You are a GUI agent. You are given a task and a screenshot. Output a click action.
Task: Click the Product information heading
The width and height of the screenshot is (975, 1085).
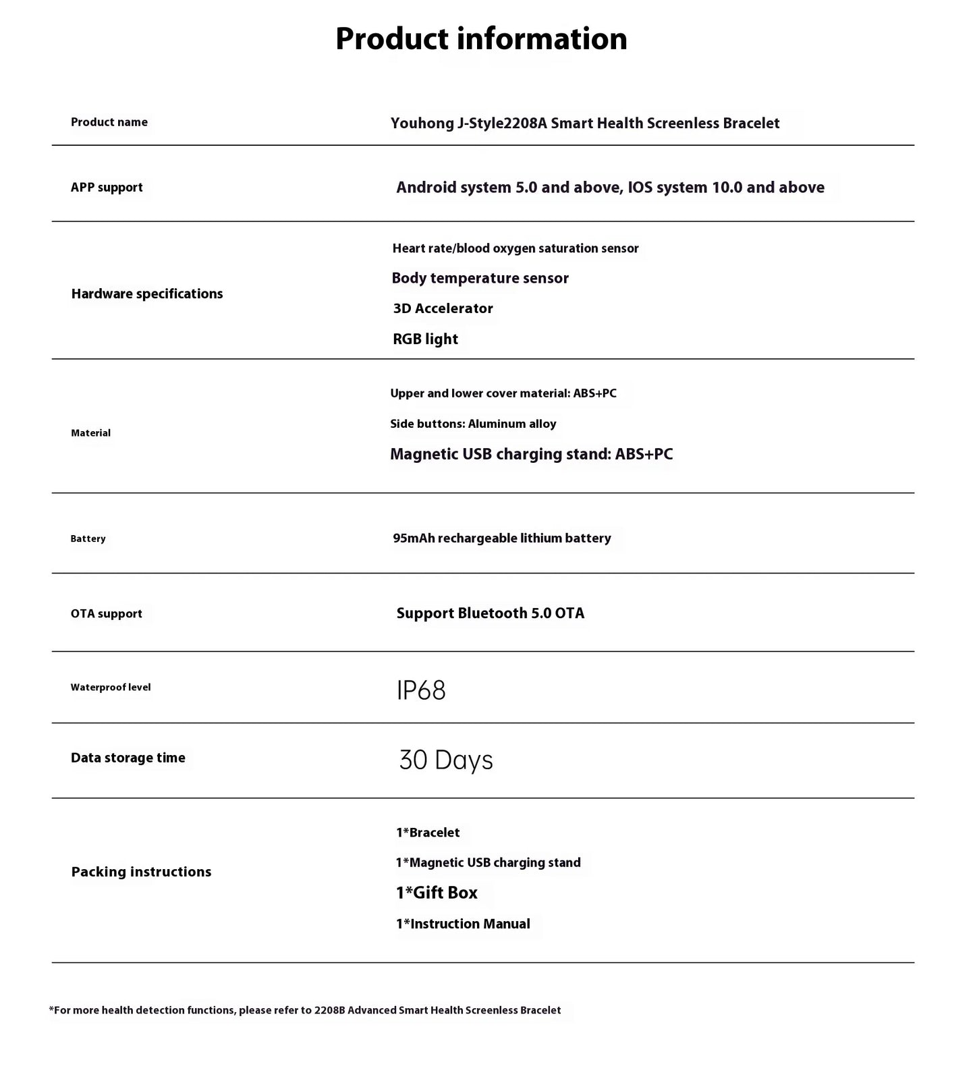click(x=481, y=38)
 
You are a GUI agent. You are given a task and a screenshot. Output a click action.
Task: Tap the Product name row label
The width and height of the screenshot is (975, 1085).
click(x=109, y=122)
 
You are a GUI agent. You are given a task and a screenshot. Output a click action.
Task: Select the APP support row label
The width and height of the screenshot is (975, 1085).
click(x=107, y=188)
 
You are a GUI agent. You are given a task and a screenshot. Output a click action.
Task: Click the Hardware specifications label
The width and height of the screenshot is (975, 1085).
click(x=147, y=294)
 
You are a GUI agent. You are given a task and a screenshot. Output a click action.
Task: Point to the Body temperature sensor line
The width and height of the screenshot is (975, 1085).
click(x=480, y=278)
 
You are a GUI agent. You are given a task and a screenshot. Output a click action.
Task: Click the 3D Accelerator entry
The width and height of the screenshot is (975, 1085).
click(x=443, y=308)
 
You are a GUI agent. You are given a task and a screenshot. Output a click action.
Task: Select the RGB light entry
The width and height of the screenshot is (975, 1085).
click(x=425, y=339)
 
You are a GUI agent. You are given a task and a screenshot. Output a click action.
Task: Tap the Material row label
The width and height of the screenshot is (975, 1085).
click(x=90, y=433)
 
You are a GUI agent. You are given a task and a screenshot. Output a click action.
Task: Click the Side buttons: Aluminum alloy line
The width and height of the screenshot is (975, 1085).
click(x=473, y=424)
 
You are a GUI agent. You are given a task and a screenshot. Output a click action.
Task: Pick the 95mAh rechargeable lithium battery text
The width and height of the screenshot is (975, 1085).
click(x=502, y=538)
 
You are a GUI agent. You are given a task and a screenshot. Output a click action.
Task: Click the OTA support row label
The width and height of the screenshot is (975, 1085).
click(x=107, y=613)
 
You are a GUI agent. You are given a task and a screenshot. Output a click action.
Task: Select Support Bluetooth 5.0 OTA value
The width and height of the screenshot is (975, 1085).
click(x=490, y=613)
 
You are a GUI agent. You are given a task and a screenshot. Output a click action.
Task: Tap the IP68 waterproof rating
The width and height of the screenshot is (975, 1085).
click(x=421, y=690)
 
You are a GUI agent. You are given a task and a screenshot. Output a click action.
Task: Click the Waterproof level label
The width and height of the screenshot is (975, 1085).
click(x=111, y=688)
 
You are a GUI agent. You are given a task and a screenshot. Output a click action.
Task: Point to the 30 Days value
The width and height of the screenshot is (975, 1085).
click(x=446, y=760)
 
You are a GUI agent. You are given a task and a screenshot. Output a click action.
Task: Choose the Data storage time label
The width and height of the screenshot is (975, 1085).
click(x=128, y=758)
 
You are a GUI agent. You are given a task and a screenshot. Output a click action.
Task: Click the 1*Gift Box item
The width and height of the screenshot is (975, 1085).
click(x=437, y=893)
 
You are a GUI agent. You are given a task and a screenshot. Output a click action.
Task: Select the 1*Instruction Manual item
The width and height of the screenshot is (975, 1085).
click(x=463, y=924)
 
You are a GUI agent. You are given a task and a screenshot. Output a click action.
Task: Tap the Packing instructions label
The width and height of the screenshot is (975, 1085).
click(x=141, y=872)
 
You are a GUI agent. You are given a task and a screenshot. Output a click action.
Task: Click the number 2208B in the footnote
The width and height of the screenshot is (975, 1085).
click(x=329, y=1010)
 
